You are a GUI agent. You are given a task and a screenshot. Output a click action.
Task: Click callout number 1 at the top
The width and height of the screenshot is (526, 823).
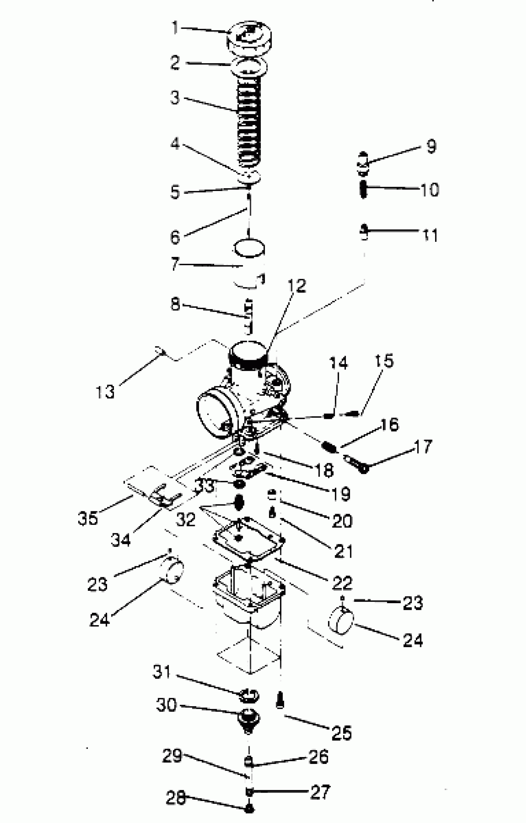point(175,28)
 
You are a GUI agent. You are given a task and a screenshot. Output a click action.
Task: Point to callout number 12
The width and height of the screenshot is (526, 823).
point(296,286)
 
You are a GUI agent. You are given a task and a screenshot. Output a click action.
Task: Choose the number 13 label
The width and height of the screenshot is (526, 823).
point(105,392)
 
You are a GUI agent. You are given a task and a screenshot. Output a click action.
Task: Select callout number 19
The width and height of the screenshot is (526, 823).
point(341,494)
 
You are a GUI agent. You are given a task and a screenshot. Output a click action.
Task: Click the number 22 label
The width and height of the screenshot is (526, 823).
point(342,583)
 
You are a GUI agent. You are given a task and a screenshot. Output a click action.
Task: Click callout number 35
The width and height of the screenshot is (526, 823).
point(88,518)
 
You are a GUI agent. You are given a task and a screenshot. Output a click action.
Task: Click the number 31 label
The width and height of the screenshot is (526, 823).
point(162,672)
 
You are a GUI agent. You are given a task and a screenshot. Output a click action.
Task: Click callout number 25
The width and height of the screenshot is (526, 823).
point(342,733)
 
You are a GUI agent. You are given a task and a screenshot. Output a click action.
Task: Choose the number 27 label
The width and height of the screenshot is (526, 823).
point(320,792)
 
